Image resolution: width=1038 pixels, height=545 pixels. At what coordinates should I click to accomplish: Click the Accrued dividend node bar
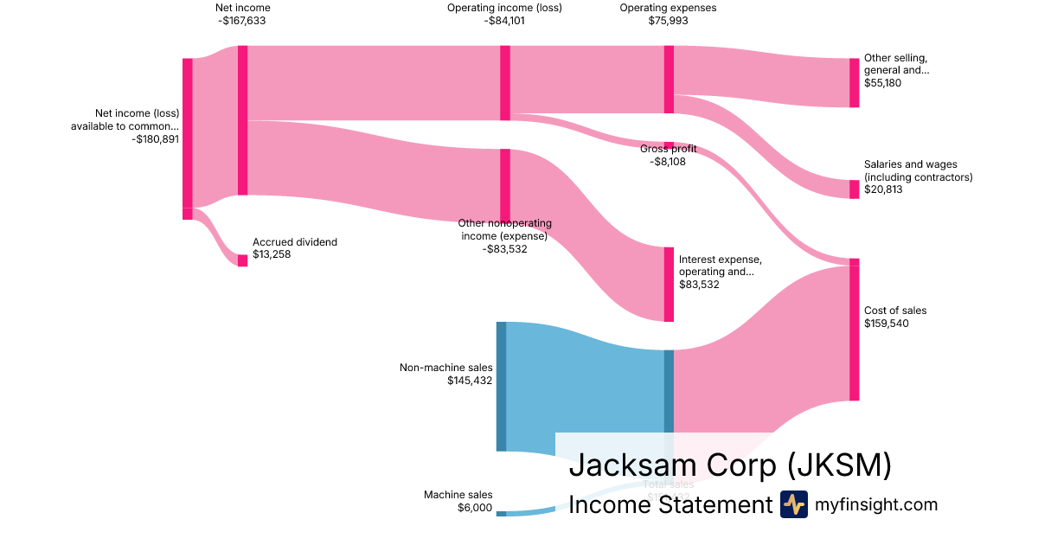pos(243,260)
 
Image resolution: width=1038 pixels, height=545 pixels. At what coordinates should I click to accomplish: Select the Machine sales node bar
pos(501,514)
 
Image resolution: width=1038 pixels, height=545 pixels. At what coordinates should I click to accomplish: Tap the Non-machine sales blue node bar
pos(501,386)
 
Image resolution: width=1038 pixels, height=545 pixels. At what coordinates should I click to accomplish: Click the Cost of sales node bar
pos(854,330)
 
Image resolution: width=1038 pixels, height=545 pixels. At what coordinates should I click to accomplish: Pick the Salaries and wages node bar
pos(854,189)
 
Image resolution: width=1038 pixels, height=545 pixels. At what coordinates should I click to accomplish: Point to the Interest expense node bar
pos(669,285)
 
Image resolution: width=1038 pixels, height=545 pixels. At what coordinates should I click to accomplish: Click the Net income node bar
pos(243,120)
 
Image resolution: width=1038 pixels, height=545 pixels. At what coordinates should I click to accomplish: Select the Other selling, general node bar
pos(854,83)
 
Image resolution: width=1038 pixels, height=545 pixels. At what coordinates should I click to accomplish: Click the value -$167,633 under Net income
pos(242,21)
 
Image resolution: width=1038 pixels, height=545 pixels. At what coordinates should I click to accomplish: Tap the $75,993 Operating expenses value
pos(668,21)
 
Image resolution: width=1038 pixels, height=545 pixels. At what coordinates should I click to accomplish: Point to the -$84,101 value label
pos(504,21)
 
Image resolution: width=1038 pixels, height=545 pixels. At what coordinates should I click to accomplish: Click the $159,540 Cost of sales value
pos(886,324)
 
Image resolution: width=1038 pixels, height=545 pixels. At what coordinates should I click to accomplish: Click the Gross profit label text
pos(668,149)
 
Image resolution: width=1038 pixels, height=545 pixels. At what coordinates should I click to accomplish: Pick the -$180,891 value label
pos(156,138)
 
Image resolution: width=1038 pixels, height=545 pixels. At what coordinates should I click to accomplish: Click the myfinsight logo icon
pos(793,504)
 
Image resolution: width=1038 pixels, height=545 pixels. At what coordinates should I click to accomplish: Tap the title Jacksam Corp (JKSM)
pos(730,465)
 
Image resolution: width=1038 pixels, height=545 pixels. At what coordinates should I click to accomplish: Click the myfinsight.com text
pos(876,504)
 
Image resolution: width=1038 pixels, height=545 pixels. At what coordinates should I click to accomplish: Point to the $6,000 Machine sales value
pos(475,508)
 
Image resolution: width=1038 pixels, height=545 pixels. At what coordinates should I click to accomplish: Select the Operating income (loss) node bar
pos(505,83)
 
